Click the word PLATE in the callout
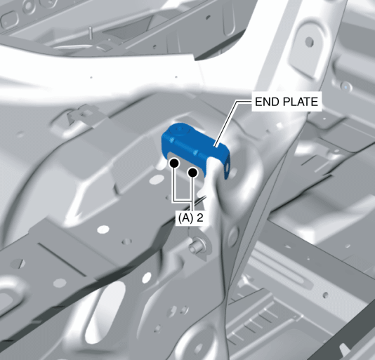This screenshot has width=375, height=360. click(301, 102)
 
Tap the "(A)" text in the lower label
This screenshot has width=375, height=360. click(185, 218)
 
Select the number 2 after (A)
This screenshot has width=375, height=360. click(200, 218)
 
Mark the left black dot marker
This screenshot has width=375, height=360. click(174, 164)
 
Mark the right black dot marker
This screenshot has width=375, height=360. click(192, 172)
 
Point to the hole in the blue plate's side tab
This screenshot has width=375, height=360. click(227, 166)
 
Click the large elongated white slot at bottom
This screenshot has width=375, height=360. click(105, 311)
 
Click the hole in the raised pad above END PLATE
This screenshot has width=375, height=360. click(310, 42)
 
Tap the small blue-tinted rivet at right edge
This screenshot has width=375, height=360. click(346, 86)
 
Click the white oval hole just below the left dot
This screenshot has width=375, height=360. click(156, 179)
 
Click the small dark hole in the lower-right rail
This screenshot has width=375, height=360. click(326, 295)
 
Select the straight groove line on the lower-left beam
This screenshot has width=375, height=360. click(63, 259)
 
